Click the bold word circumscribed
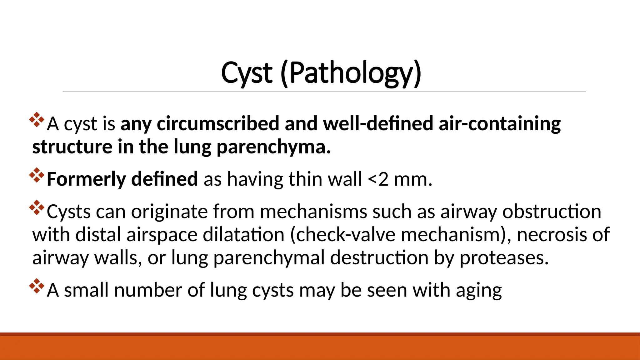coord(218,123)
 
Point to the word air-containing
coord(500,123)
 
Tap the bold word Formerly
coord(86,179)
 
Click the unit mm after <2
coord(413,179)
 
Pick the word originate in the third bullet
coord(169,212)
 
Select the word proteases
coord(504,258)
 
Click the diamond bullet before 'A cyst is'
coord(37,120)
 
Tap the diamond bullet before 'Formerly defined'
coord(37,175)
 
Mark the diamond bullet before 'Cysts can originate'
coord(37,207)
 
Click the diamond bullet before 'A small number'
coord(37,286)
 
